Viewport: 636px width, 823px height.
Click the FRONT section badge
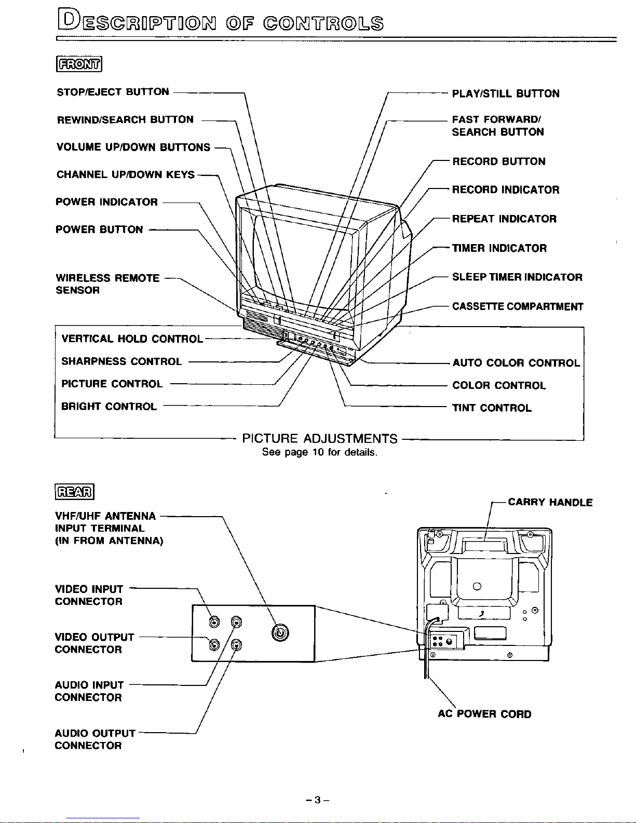coord(79,64)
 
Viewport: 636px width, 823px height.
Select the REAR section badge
coord(75,492)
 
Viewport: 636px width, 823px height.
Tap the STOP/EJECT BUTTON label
coord(113,92)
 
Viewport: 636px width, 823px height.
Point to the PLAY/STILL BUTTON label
coord(506,93)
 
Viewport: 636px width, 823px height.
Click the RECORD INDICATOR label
coord(506,190)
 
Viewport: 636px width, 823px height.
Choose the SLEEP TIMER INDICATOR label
coord(517,277)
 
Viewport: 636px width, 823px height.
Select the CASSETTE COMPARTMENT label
coord(518,306)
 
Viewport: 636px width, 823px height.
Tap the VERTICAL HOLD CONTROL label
coord(132,339)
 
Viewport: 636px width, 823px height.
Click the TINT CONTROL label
coord(492,408)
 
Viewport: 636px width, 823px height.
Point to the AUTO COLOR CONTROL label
coord(516,363)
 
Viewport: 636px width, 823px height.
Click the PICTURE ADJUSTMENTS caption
coord(320,439)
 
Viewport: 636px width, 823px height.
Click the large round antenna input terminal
coord(280,633)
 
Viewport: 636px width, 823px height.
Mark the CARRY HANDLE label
coord(550,502)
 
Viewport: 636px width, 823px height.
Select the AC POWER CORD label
coord(484,714)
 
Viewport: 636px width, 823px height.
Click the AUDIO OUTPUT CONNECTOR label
coord(95,739)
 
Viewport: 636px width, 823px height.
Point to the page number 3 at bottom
coord(318,800)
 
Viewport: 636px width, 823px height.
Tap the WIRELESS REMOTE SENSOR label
coord(107,284)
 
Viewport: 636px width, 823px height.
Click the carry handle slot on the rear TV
coord(484,546)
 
